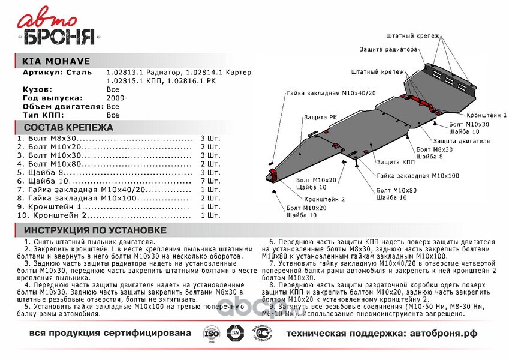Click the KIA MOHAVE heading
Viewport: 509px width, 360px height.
click(x=47, y=61)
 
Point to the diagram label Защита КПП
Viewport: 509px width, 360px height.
click(x=396, y=162)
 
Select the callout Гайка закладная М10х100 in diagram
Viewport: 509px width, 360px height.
click(x=418, y=176)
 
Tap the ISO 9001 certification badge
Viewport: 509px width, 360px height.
click(x=209, y=332)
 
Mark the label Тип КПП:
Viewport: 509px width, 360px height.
click(x=43, y=114)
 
